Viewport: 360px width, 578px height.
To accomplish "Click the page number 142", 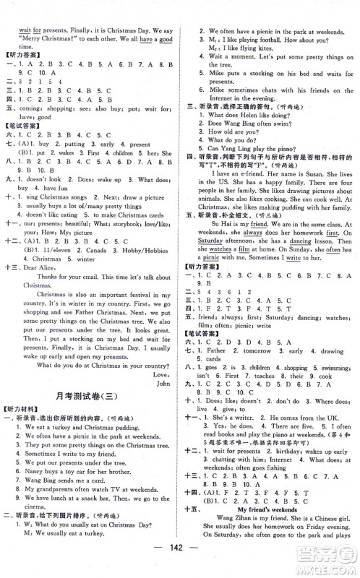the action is point(180,564).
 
